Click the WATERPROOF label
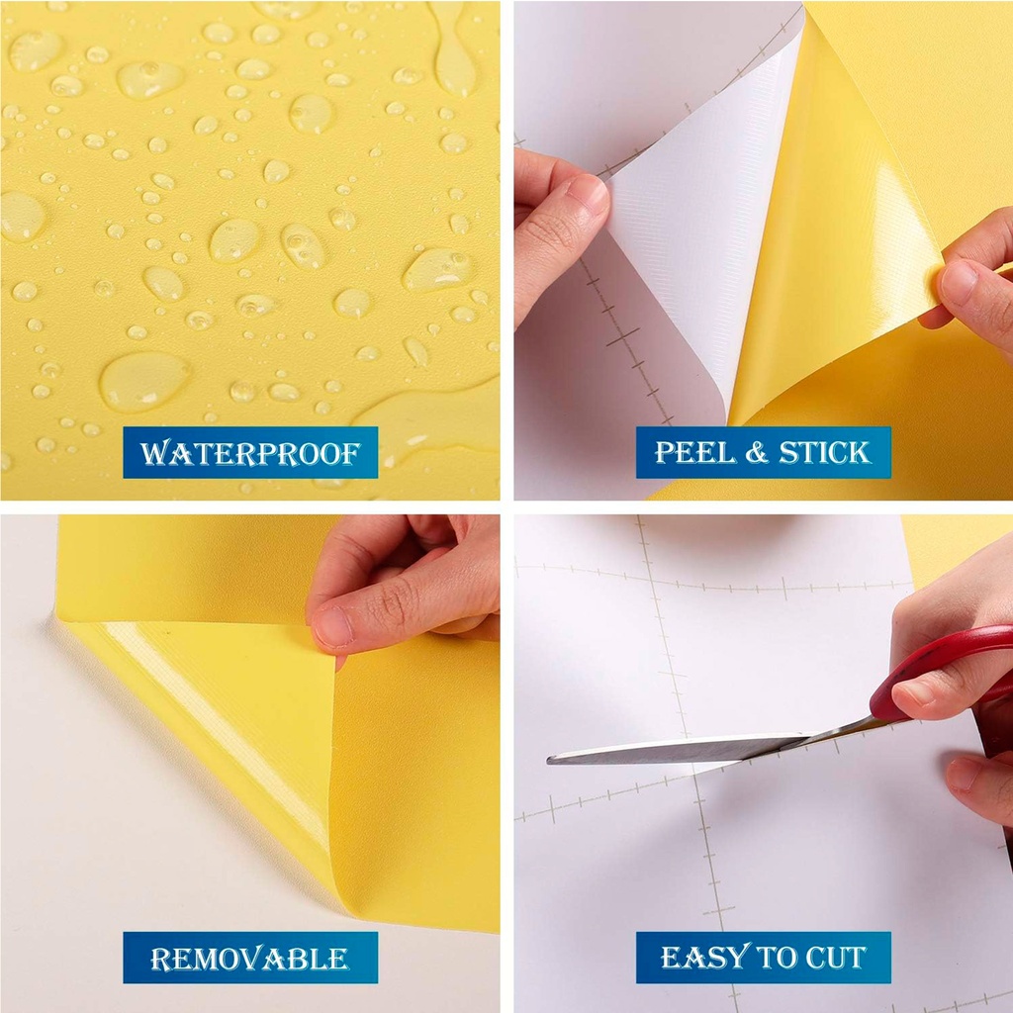[250, 452]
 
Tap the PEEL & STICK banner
[763, 452]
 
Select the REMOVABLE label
[250, 958]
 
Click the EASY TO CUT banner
[763, 958]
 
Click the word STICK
[824, 452]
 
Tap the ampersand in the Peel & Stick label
[757, 453]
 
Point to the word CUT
[835, 958]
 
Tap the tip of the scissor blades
[548, 760]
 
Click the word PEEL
[695, 452]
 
